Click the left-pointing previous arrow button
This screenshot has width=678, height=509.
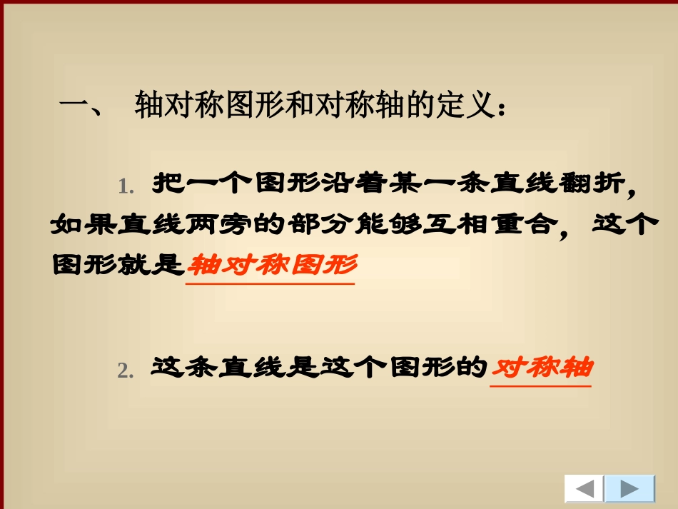pyautogui.click(x=585, y=489)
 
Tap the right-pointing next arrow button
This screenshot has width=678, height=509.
pyautogui.click(x=629, y=489)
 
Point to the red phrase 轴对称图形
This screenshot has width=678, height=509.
pyautogui.click(x=271, y=265)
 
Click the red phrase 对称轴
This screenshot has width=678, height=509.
pyautogui.click(x=542, y=368)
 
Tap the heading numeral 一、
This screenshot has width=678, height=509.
pyautogui.click(x=82, y=109)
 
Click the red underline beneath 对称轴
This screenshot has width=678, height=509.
pyautogui.click(x=541, y=386)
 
